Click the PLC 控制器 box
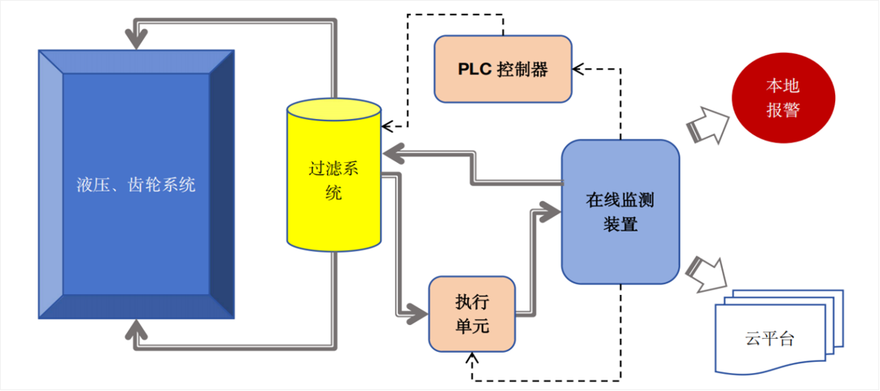pos(503,69)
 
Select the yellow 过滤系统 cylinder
pos(333,179)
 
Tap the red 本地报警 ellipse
pos(782,99)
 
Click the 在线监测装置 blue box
pos(620,212)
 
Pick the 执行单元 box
pos(473,314)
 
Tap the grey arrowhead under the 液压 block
pos(136,331)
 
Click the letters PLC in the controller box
pos(476,69)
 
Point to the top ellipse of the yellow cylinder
pos(333,111)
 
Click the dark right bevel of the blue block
pos(222,183)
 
